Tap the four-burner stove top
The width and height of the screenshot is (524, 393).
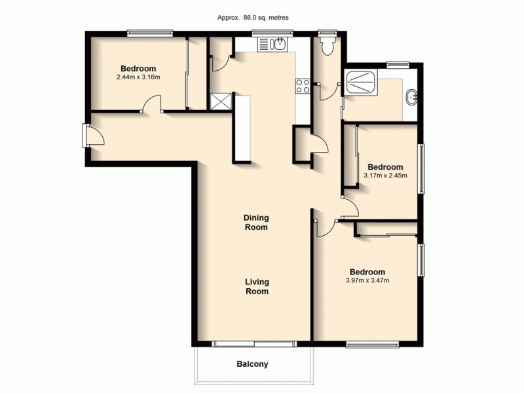[303, 85]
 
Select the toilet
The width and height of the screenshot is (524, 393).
[326, 45]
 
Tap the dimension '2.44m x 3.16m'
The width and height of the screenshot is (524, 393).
[138, 77]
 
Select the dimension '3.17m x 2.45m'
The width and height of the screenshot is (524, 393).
[386, 175]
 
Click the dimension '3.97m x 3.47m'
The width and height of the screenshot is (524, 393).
[367, 281]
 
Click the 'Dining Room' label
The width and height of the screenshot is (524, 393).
[256, 222]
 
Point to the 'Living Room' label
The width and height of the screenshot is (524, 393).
[257, 287]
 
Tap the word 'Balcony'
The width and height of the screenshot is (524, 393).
[252, 364]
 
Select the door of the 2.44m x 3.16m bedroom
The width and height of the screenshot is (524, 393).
[151, 105]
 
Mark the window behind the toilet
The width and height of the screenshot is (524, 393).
[324, 31]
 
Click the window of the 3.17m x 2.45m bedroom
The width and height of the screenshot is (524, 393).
[421, 168]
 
